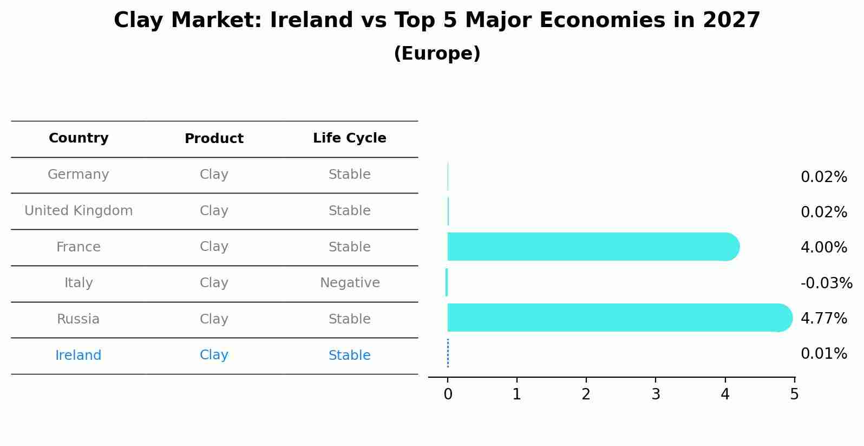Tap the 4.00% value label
pyautogui.click(x=823, y=248)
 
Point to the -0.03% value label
pyautogui.click(x=826, y=283)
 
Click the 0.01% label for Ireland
pyautogui.click(x=823, y=354)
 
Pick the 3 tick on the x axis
pyautogui.click(x=656, y=395)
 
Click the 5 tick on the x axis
pyautogui.click(x=794, y=395)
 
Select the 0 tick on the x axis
pyautogui.click(x=448, y=395)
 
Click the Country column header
pyautogui.click(x=78, y=138)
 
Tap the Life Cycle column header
pyautogui.click(x=349, y=138)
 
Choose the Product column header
pyautogui.click(x=214, y=139)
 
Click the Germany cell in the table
pyautogui.click(x=78, y=174)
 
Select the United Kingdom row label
pyautogui.click(x=78, y=211)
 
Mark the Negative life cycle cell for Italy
pyautogui.click(x=350, y=283)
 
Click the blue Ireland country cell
pyautogui.click(x=78, y=355)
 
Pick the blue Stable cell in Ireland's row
pyautogui.click(x=349, y=355)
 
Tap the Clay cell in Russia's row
pyautogui.click(x=214, y=319)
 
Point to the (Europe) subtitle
pyautogui.click(x=437, y=54)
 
